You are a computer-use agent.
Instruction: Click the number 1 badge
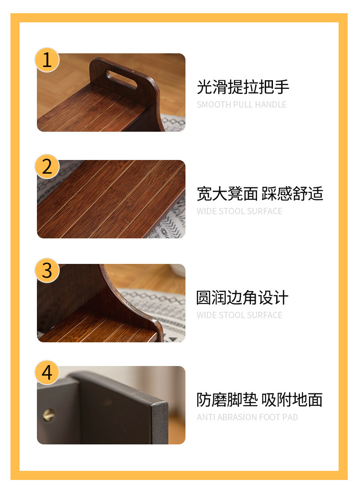tap(47, 60)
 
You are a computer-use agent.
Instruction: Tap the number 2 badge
tap(47, 167)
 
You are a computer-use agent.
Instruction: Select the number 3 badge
tap(47, 271)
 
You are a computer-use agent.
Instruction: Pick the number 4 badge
tap(47, 372)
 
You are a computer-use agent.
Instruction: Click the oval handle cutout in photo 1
tap(122, 80)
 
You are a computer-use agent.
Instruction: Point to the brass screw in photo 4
tap(49, 415)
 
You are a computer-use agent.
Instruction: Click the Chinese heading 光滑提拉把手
tap(242, 87)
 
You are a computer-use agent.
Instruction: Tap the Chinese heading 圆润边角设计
tap(242, 298)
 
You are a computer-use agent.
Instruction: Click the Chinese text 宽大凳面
tap(227, 194)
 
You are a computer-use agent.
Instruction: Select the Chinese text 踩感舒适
tap(293, 194)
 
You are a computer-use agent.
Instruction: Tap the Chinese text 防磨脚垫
tap(227, 400)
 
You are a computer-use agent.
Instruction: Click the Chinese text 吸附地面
tap(292, 400)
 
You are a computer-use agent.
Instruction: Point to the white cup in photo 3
tap(178, 270)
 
